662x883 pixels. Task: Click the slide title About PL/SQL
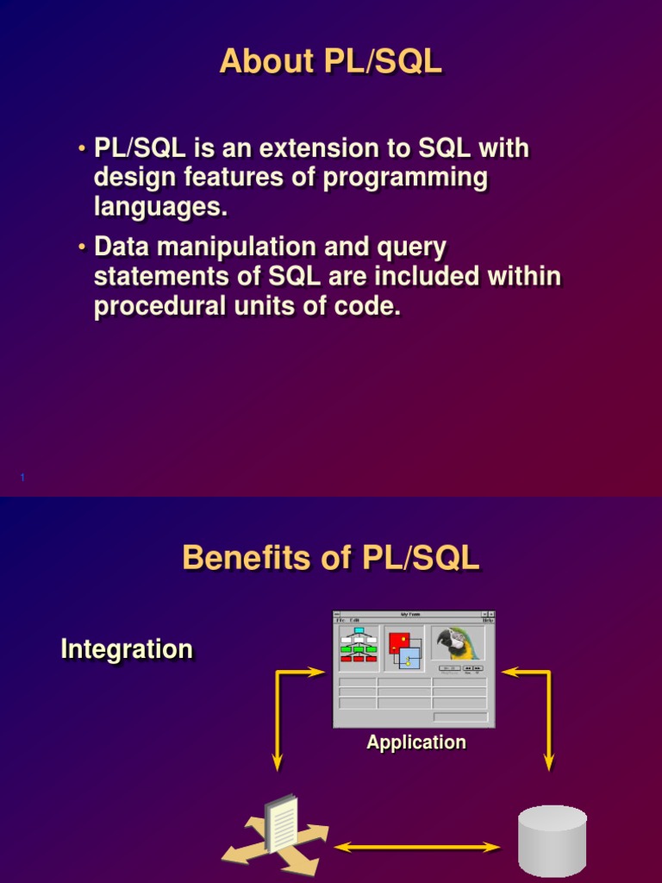(331, 61)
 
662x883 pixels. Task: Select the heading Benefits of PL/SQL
(331, 558)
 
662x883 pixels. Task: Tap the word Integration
(127, 649)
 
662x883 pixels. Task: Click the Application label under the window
(416, 742)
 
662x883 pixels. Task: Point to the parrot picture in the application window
(458, 643)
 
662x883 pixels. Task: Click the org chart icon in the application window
(358, 645)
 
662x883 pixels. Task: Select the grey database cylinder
(552, 842)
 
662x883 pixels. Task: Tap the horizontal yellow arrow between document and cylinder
(418, 848)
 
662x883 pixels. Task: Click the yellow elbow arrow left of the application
(280, 707)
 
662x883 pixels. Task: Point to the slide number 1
(21, 477)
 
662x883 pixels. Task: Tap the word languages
(160, 208)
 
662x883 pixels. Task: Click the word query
(409, 248)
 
